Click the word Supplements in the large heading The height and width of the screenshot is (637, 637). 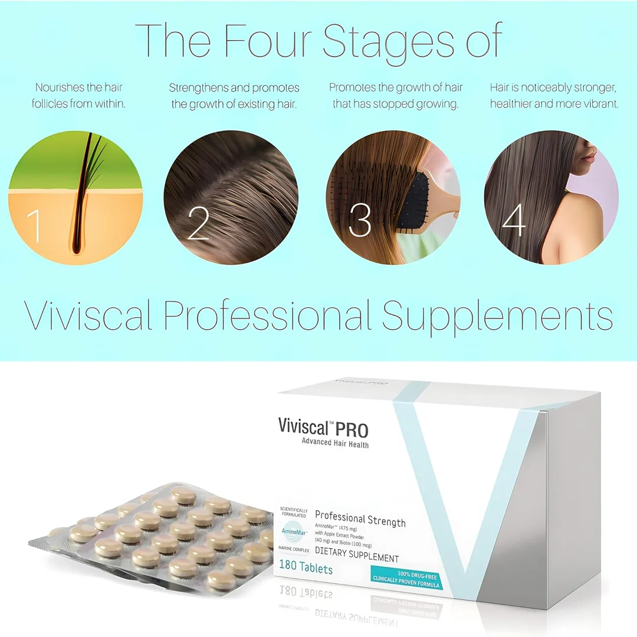497,317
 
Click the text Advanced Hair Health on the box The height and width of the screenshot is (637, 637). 335,444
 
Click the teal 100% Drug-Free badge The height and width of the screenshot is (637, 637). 407,575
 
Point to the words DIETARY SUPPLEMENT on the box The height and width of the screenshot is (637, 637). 357,558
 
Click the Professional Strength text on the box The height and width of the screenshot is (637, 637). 360,520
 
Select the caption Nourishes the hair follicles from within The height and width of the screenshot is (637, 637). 80,96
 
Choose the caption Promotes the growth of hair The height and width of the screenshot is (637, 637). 396,96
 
